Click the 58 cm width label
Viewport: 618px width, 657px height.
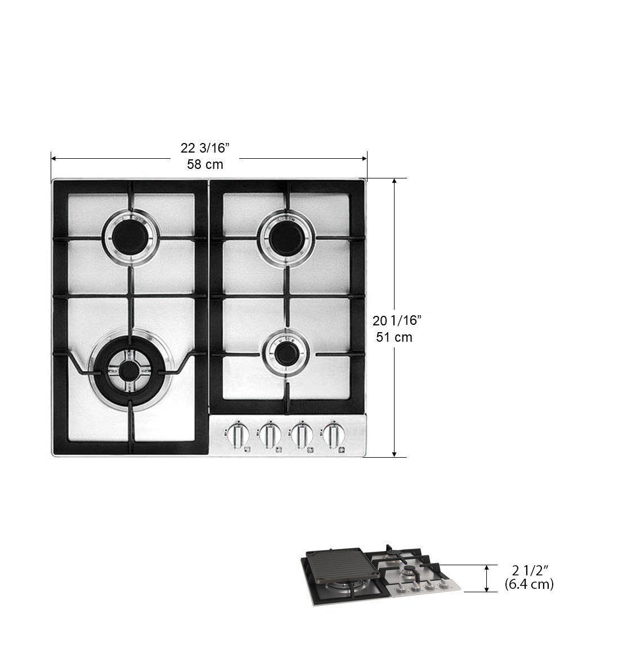[205, 164]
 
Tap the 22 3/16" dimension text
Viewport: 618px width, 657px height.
[205, 148]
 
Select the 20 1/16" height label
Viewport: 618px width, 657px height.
[397, 321]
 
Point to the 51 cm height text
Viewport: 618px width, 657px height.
[394, 337]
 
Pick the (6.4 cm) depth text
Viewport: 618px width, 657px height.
[529, 584]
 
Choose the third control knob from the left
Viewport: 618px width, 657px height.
[302, 435]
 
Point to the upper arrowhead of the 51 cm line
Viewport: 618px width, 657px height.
[395, 182]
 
